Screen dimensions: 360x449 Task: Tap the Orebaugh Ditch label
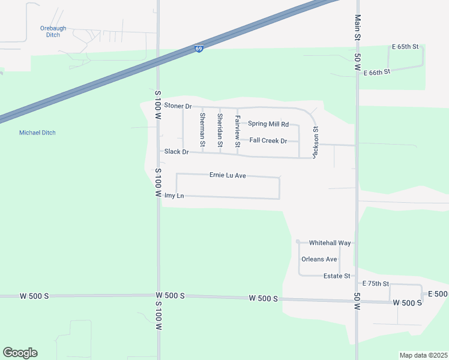point(53,31)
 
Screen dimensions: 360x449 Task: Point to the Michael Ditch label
point(37,133)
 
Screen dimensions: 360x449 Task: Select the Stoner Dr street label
point(178,106)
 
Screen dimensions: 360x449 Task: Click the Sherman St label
point(203,130)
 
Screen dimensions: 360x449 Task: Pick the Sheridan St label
point(220,130)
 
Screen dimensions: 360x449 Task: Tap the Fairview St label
point(238,131)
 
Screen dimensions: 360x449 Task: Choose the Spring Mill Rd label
point(268,124)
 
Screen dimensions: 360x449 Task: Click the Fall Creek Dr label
point(268,140)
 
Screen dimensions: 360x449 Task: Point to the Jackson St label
point(315,142)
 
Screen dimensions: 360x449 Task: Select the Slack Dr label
point(176,152)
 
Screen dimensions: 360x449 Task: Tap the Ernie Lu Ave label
point(228,175)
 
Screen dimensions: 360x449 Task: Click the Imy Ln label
point(173,196)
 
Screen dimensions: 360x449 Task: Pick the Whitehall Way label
point(330,243)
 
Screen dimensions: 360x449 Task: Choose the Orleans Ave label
point(319,259)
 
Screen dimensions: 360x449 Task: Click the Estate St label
point(337,276)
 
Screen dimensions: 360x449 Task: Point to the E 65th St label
point(405,46)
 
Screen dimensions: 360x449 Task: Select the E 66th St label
point(377,71)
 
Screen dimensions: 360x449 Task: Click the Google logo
point(20,353)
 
